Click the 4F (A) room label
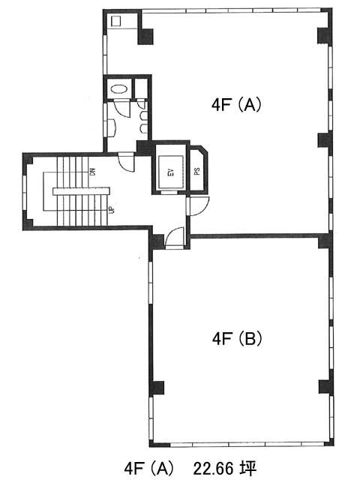coord(236,105)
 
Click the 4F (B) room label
coord(237,339)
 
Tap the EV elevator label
coord(171,172)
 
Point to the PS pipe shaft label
coord(197,171)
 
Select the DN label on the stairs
coord(93,172)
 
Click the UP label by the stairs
coord(112,210)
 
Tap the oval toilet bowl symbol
coord(118,89)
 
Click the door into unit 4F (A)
coord(198,206)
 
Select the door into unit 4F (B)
coord(175,237)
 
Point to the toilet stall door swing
coord(122,109)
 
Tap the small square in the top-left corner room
coord(116,21)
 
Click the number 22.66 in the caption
coord(212,469)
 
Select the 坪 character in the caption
coord(248,469)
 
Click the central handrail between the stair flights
coord(82,191)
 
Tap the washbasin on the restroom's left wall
coord(111,128)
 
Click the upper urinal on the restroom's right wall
coord(144,115)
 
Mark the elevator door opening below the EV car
coord(169,192)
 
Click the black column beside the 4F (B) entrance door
coord(157,241)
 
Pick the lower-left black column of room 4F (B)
coord(157,388)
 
